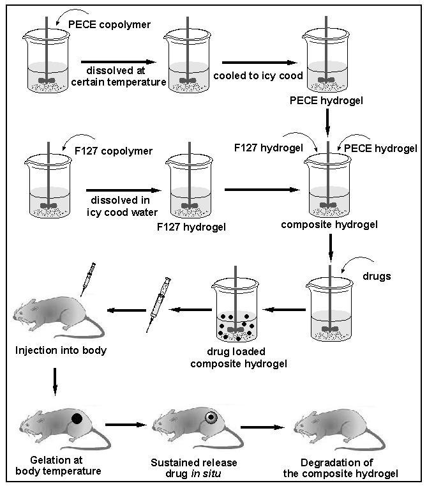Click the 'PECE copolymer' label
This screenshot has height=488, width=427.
(x=109, y=24)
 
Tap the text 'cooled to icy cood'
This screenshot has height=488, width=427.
(x=258, y=75)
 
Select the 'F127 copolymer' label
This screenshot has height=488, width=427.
(x=114, y=151)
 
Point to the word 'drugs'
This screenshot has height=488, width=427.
(x=377, y=277)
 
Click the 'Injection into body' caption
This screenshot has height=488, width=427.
(x=61, y=351)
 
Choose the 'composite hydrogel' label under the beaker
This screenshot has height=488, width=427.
(x=329, y=225)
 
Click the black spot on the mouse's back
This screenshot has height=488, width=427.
(x=77, y=418)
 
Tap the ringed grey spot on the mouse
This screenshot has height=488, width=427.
(x=211, y=417)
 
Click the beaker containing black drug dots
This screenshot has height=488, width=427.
(x=235, y=310)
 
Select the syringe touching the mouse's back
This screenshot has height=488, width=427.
(x=88, y=279)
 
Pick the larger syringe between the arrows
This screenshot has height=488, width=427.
(x=158, y=305)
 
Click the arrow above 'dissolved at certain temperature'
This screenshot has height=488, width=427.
(x=118, y=62)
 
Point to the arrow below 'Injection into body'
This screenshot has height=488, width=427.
(x=55, y=382)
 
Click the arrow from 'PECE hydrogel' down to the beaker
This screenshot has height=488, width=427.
(x=327, y=122)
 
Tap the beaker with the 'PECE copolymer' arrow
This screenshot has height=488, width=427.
(x=47, y=61)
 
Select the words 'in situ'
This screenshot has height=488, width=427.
(x=206, y=474)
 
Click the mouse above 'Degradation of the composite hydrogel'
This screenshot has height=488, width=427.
(x=340, y=426)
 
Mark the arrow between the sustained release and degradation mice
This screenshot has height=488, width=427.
(x=262, y=427)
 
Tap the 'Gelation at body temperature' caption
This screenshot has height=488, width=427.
(x=58, y=465)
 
